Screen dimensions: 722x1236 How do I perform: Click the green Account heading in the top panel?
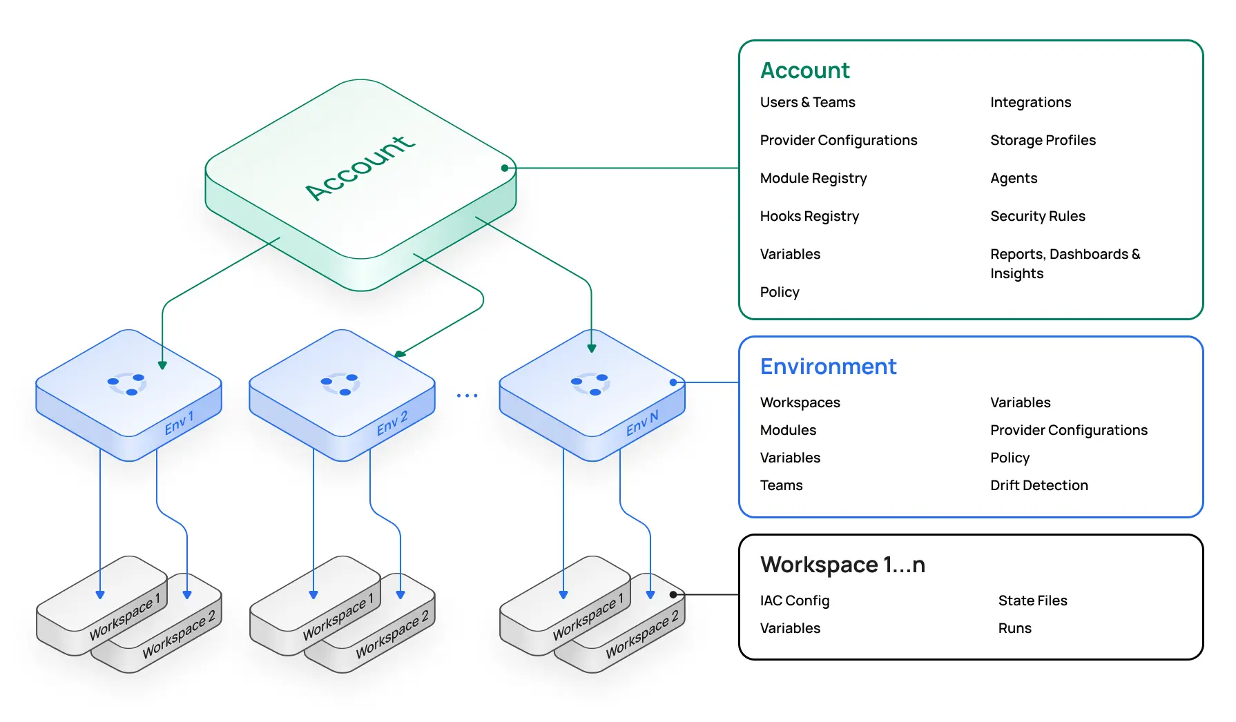pyautogui.click(x=804, y=70)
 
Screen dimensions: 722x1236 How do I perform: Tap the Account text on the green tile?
pyautogui.click(x=360, y=168)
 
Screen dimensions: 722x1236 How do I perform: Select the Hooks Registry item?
pyautogui.click(x=809, y=216)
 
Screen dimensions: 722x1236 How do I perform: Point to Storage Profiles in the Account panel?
pyautogui.click(x=1043, y=140)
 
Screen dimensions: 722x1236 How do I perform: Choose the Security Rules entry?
pyautogui.click(x=1037, y=216)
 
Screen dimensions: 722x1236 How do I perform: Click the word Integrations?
pyautogui.click(x=1030, y=102)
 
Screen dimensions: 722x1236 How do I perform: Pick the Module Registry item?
pyautogui.click(x=813, y=178)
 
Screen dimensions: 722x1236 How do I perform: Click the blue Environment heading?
pyautogui.click(x=828, y=367)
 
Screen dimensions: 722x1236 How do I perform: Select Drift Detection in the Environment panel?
pyautogui.click(x=1039, y=485)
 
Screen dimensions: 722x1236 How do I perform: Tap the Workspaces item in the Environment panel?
pyautogui.click(x=800, y=402)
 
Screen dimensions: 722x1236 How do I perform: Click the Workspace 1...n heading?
pyautogui.click(x=842, y=565)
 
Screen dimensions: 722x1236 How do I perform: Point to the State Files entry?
pyautogui.click(x=1032, y=601)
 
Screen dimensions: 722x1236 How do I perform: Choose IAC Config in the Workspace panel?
pyautogui.click(x=794, y=601)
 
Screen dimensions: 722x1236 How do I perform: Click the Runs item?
pyautogui.click(x=1014, y=628)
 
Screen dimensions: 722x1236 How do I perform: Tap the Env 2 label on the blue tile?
pyautogui.click(x=392, y=423)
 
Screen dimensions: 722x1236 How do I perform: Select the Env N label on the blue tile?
pyautogui.click(x=642, y=423)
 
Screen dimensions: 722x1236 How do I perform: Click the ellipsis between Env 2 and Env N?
pyautogui.click(x=467, y=396)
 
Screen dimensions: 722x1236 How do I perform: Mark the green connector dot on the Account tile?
pyautogui.click(x=505, y=168)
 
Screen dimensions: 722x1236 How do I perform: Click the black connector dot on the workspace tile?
pyautogui.click(x=673, y=594)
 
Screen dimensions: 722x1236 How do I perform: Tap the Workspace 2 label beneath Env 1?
pyautogui.click(x=179, y=634)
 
